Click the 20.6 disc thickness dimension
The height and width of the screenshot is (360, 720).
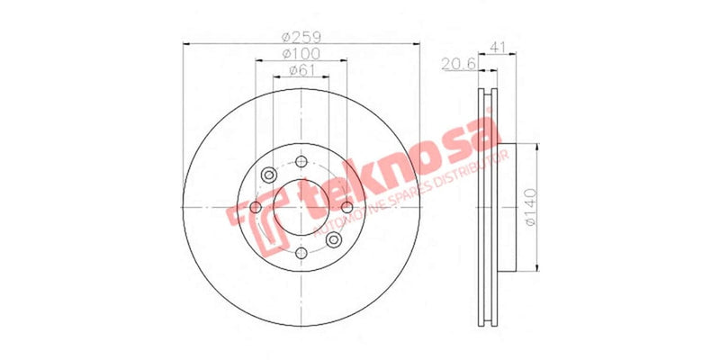[457, 62]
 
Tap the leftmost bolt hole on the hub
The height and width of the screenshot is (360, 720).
[256, 209]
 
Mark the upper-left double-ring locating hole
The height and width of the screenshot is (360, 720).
[269, 176]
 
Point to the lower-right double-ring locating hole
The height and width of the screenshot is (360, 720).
[333, 239]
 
